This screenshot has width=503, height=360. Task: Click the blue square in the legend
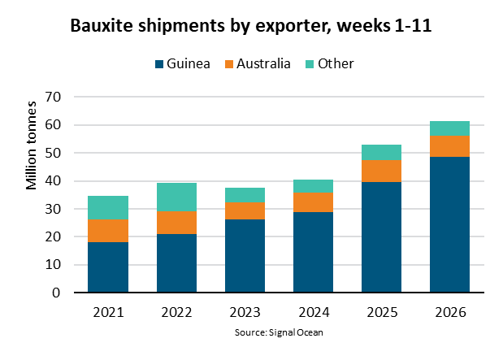click(x=159, y=64)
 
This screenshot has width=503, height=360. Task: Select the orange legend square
click(x=229, y=64)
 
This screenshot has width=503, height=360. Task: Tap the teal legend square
click(x=310, y=64)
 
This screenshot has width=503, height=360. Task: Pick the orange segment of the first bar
click(x=108, y=231)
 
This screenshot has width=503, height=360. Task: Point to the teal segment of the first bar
click(x=108, y=207)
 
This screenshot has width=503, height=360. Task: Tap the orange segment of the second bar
click(x=176, y=223)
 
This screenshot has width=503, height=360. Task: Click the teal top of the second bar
click(x=176, y=197)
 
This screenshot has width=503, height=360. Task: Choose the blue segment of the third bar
click(x=245, y=255)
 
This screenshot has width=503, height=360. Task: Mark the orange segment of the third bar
click(x=245, y=211)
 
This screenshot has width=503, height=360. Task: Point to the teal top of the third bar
click(x=245, y=195)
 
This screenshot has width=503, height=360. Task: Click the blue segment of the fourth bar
click(x=313, y=252)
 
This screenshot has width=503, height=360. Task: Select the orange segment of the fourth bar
click(x=313, y=202)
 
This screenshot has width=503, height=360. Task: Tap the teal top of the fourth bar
click(x=313, y=186)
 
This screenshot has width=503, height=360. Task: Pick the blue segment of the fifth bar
click(x=381, y=236)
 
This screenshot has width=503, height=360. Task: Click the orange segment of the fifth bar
click(x=381, y=171)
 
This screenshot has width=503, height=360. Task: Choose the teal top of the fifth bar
click(x=381, y=153)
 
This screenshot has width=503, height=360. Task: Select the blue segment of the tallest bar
click(x=449, y=224)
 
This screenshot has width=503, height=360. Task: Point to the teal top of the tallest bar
click(x=449, y=128)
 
